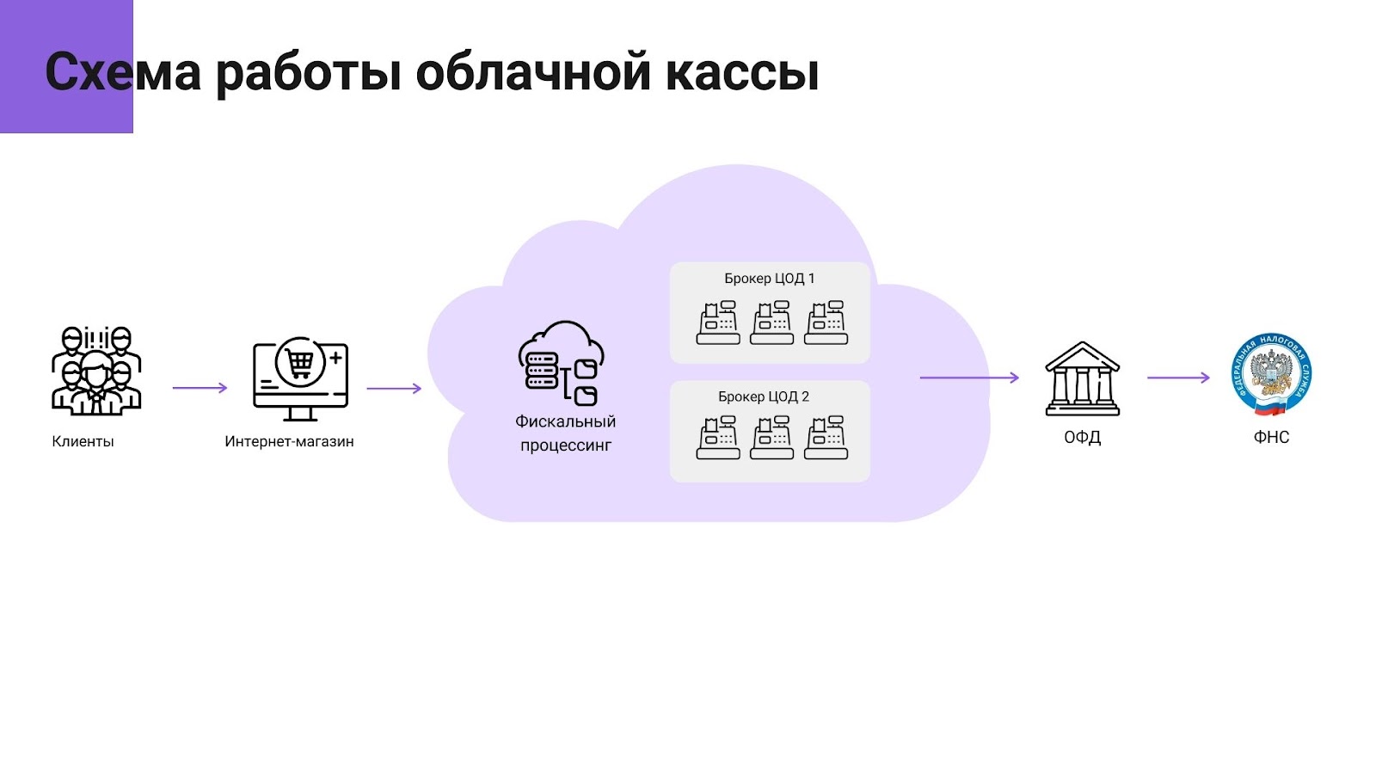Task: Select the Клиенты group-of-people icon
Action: click(x=96, y=371)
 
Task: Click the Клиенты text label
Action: click(x=83, y=441)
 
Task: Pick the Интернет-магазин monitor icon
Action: click(x=300, y=378)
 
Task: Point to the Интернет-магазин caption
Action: click(x=289, y=441)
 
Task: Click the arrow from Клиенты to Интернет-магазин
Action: click(x=200, y=388)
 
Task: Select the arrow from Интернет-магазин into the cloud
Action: click(x=394, y=388)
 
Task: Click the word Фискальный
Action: click(x=565, y=421)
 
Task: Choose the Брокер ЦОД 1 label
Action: click(x=769, y=278)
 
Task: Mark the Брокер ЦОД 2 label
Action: click(x=764, y=396)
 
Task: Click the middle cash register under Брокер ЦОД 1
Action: click(x=771, y=322)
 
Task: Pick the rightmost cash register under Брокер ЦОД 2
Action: click(x=826, y=438)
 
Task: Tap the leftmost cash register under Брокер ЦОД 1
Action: click(x=718, y=322)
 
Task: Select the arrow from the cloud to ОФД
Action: click(x=969, y=378)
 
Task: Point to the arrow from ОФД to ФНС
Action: click(x=1178, y=378)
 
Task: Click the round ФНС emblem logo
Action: click(x=1271, y=375)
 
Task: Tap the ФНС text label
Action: click(x=1271, y=437)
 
